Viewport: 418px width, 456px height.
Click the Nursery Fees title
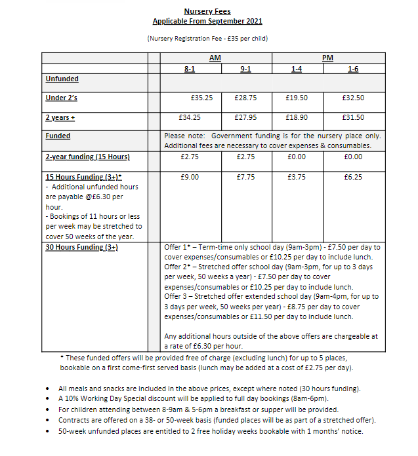207,12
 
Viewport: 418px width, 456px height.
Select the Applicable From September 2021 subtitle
207,21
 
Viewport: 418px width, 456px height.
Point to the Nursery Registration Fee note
207,38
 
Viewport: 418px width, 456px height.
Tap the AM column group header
215,58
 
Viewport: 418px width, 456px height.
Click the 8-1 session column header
190,69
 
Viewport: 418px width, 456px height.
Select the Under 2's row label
62,98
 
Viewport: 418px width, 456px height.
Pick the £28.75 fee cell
245,98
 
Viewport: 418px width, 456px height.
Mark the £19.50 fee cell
297,98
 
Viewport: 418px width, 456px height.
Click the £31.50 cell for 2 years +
353,117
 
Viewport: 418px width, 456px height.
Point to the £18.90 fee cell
297,117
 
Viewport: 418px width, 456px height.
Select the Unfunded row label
62,79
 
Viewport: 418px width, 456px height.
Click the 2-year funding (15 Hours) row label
87,157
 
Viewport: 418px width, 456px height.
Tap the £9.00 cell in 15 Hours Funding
190,177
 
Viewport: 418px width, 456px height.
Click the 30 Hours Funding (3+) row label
81,247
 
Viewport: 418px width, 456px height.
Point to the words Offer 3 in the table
177,297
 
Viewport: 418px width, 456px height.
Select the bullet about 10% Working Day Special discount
203,398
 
